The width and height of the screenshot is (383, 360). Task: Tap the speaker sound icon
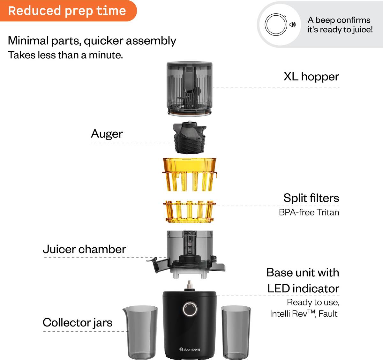click(x=293, y=25)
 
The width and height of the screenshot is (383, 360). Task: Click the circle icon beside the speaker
click(x=276, y=25)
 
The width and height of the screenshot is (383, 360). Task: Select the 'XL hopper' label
click(x=311, y=77)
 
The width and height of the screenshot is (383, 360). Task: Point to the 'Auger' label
click(x=107, y=134)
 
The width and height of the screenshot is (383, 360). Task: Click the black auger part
click(x=190, y=137)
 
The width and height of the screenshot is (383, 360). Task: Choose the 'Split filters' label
click(x=311, y=198)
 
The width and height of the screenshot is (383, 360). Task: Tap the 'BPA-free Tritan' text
click(x=309, y=212)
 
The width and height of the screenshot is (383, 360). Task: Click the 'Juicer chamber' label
click(x=84, y=249)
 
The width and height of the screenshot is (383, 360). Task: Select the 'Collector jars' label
click(x=77, y=322)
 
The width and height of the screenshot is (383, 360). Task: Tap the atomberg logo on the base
click(x=190, y=349)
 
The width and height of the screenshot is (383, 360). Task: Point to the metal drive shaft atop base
click(x=190, y=286)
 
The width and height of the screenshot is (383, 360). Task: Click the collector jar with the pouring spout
click(x=140, y=332)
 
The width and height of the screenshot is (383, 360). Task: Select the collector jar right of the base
click(x=236, y=332)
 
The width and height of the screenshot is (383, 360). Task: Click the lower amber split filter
click(x=190, y=212)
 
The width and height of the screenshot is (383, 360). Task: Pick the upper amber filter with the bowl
click(x=190, y=175)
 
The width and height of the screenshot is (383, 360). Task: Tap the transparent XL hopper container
click(x=189, y=89)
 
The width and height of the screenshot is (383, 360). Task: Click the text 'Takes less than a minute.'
click(x=65, y=55)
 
